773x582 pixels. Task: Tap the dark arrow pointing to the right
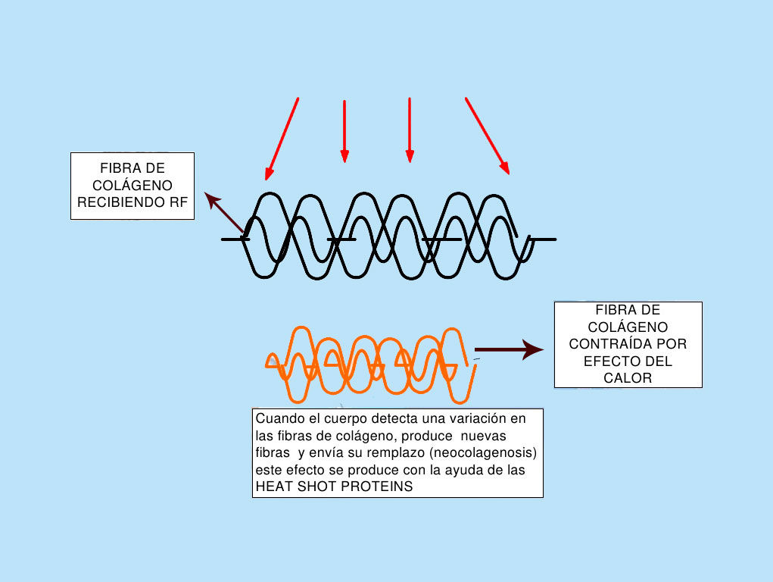(x=509, y=349)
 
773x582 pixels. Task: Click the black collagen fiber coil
(x=388, y=236)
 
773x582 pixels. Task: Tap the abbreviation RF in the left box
(x=177, y=201)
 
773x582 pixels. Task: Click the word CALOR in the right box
(x=628, y=377)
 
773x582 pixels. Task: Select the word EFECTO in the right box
(x=606, y=361)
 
